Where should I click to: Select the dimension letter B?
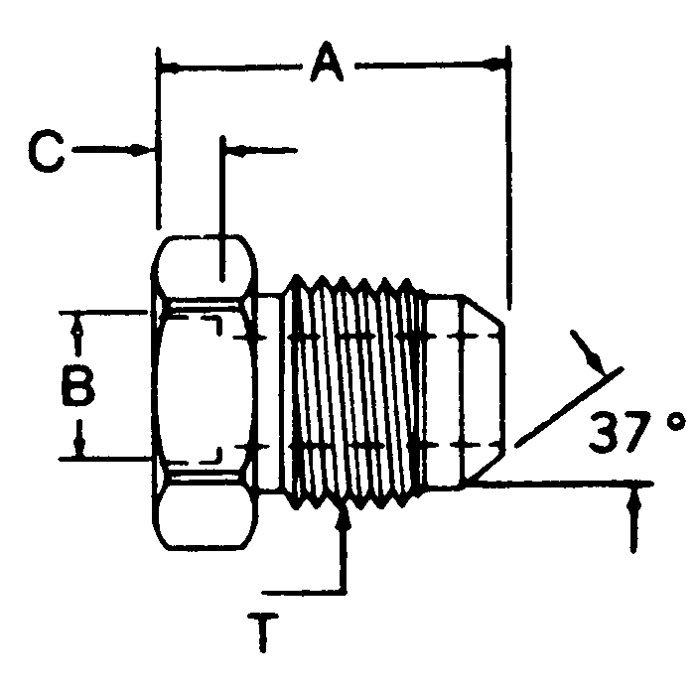tap(77, 387)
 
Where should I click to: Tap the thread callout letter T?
tap(262, 631)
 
